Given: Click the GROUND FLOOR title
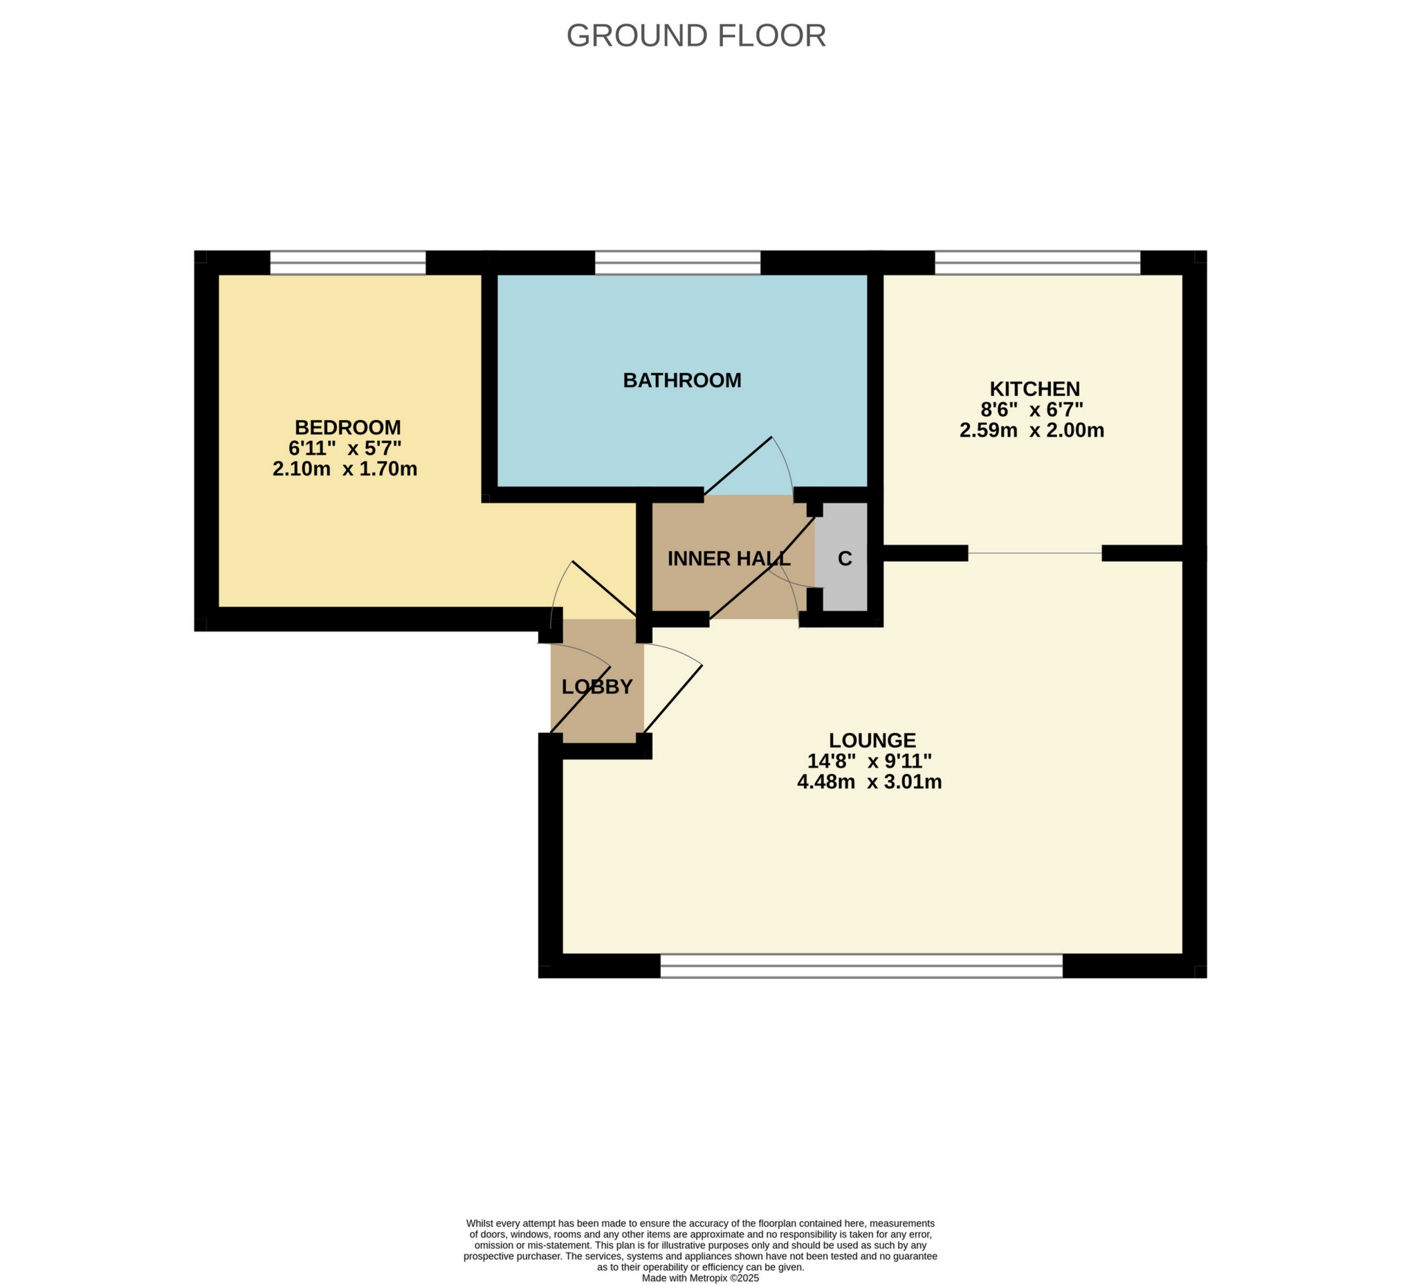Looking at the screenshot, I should [x=696, y=36].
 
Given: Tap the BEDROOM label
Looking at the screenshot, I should [x=347, y=427].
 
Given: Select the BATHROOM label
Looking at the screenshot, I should [x=681, y=380].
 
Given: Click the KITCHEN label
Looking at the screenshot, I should [x=1034, y=388].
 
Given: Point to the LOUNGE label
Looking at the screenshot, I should [x=872, y=741].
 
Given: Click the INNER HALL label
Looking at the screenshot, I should [x=729, y=558].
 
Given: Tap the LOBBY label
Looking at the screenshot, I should [x=597, y=687].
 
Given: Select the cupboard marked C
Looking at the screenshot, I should [x=844, y=558].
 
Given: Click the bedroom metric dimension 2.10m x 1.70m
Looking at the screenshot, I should [x=345, y=469].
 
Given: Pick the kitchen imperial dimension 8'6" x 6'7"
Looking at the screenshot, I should [x=1032, y=410].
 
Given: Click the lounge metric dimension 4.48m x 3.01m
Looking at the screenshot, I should [x=869, y=782].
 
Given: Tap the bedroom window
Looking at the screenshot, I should [x=347, y=263].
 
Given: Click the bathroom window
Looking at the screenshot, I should [x=677, y=263].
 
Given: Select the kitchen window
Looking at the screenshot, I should [x=1037, y=263].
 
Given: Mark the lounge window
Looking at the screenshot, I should [x=861, y=966].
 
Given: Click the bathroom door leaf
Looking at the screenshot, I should [x=738, y=466].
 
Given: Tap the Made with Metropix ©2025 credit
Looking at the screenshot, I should [x=699, y=1277].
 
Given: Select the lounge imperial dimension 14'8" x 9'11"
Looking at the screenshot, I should [x=869, y=761].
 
